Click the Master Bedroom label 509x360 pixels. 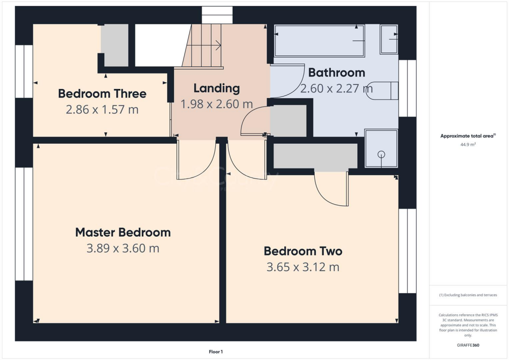123,232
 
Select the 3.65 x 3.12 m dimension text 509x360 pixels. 303,267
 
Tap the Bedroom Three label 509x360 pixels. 102,93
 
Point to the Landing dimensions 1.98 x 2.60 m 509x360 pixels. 216,104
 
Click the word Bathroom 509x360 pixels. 337,73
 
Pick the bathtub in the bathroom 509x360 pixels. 319,41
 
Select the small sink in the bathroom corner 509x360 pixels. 389,39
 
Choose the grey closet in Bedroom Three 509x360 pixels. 115,45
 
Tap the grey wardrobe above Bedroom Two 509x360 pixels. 315,156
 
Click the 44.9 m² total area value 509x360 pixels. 467,145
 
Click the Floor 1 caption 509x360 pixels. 216,352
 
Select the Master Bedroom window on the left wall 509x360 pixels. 23,224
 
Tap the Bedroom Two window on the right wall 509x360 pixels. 407,251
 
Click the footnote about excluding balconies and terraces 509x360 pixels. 467,295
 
